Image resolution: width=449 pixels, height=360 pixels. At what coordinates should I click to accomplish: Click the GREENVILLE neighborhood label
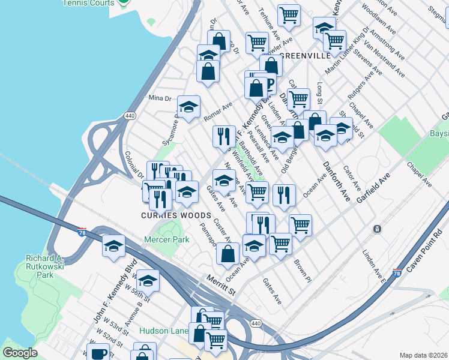click(305, 55)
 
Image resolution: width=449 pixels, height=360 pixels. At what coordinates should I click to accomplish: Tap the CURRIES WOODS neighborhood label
click(175, 215)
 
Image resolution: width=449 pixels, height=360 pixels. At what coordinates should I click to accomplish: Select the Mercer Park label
click(166, 239)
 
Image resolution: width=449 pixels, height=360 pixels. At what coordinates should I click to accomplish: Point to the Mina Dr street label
click(160, 98)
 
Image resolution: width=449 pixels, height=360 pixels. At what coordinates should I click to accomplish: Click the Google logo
click(20, 353)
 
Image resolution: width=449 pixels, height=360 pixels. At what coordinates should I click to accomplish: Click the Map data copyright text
click(423, 355)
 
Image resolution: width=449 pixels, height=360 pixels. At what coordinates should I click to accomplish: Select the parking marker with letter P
click(269, 85)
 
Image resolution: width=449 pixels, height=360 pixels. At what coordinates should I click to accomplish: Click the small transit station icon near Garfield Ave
click(376, 229)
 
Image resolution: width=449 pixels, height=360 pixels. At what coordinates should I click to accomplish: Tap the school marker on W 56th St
click(148, 280)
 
